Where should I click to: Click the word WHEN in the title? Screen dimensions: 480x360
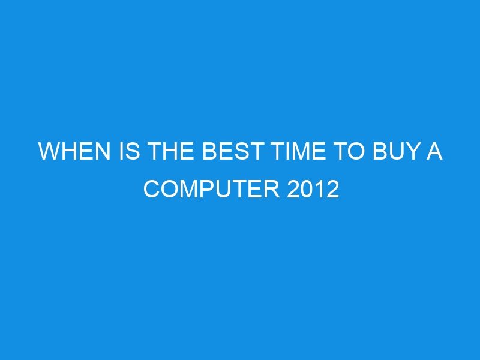click(74, 151)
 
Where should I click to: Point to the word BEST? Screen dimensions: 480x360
click(233, 151)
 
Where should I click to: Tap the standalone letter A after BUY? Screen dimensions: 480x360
click(434, 151)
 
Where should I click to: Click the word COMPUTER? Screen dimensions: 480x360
click(212, 189)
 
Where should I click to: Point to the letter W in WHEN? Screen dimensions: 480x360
click(49, 151)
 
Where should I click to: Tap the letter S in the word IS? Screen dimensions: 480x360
click(133, 151)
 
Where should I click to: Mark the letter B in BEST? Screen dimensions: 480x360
click(209, 151)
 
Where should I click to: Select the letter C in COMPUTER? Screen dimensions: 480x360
click(151, 189)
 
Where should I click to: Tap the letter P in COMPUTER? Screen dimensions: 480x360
click(206, 189)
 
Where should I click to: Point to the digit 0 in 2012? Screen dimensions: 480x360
click(307, 189)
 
